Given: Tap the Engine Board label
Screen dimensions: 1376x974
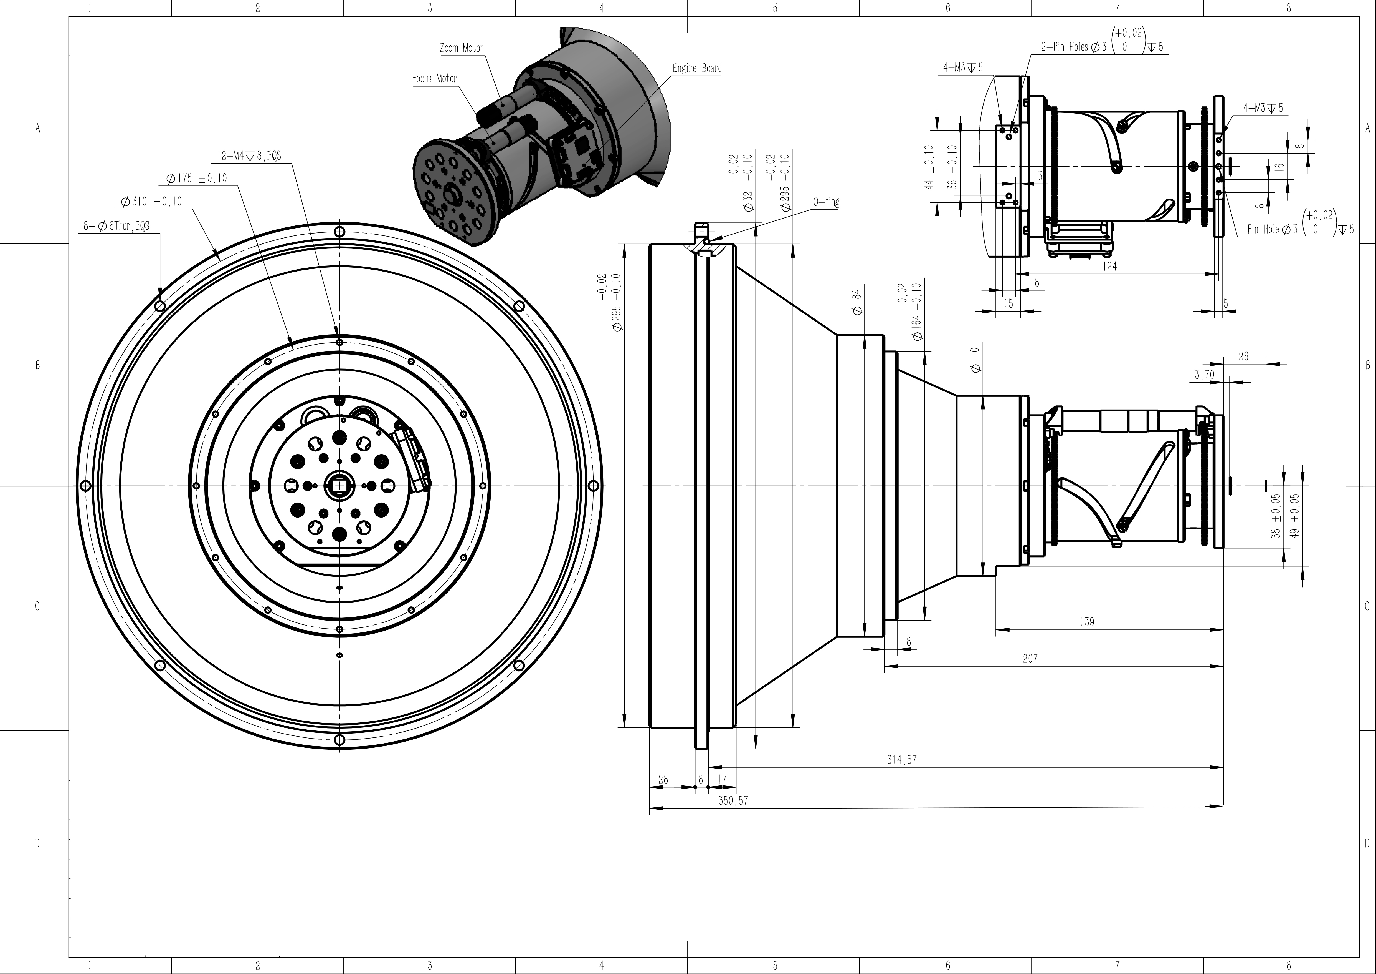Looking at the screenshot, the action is (697, 68).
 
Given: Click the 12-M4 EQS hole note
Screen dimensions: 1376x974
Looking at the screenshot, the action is (249, 156).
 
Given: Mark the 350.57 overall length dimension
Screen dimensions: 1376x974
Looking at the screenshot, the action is (734, 801).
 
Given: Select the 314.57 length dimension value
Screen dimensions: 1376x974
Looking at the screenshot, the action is (902, 760).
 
